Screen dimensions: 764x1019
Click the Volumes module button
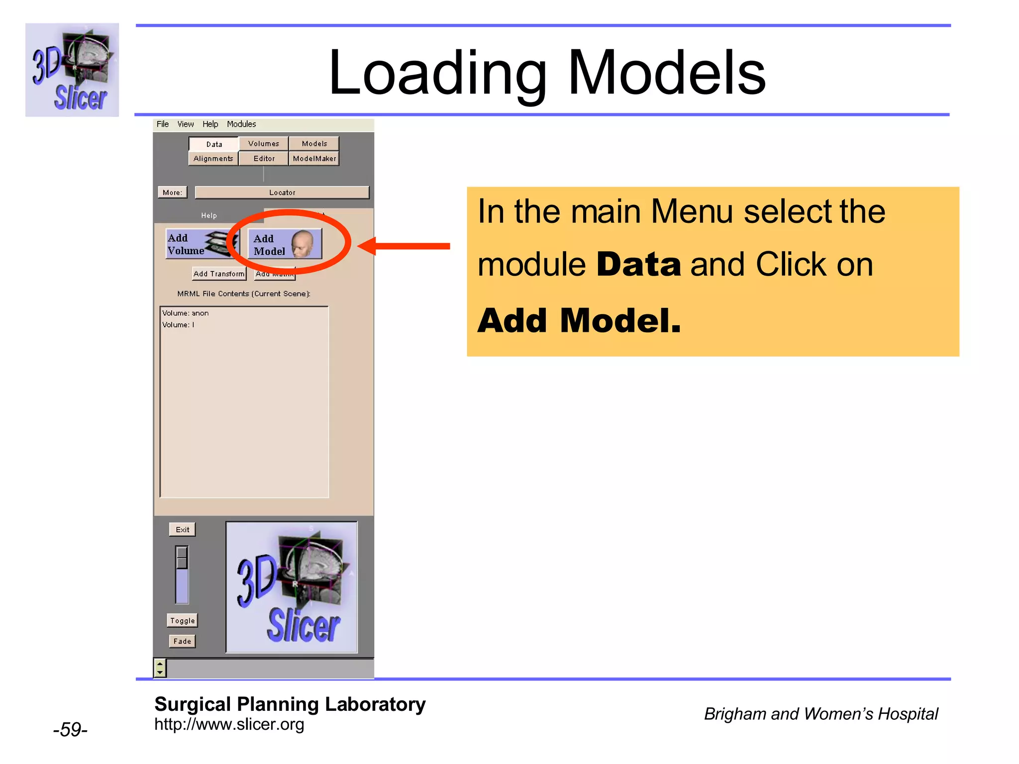264,144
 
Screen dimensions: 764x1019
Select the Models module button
314,144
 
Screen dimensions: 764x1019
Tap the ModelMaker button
314,159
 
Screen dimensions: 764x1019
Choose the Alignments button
213,159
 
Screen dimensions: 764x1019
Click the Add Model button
285,244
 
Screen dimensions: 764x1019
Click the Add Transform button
219,274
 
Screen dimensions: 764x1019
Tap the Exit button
182,530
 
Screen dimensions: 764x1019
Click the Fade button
182,641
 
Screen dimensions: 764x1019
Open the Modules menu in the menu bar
241,124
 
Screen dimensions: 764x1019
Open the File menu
162,124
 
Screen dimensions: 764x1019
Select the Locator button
282,192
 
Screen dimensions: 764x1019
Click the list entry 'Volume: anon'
186,313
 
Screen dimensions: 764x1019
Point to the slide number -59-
70,730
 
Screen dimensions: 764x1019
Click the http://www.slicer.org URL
229,725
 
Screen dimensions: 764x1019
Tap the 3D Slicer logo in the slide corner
72,70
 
